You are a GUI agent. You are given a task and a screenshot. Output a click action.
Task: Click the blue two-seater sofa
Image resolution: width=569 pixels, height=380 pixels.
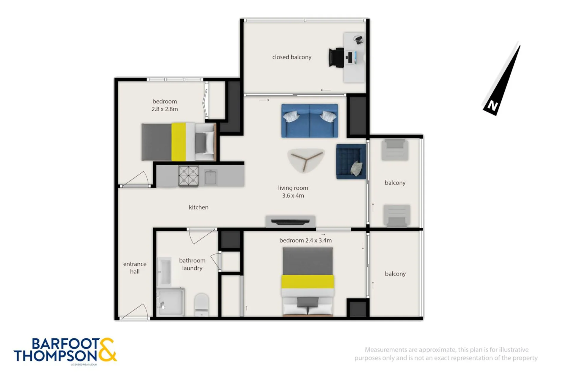[310, 121]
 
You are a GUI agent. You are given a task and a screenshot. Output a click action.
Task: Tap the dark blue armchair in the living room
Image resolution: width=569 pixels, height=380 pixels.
[351, 161]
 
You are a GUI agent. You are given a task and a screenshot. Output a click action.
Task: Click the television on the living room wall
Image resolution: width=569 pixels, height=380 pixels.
[290, 221]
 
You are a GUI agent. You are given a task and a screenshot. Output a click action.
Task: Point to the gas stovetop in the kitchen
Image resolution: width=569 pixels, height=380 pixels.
[189, 176]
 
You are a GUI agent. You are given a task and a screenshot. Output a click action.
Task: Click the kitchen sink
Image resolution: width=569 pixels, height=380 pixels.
[211, 177]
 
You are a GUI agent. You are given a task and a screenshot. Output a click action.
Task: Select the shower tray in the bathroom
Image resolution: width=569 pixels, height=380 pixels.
[170, 302]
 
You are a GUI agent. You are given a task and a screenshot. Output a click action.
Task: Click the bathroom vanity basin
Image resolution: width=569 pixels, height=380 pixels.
[164, 271]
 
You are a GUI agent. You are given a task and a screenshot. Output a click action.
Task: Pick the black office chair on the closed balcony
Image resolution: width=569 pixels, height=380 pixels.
[337, 58]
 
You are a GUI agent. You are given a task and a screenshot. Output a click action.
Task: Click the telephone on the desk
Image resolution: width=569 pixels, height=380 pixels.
[358, 39]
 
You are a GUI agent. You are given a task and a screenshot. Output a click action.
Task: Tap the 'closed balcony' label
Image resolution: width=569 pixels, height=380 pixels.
[292, 57]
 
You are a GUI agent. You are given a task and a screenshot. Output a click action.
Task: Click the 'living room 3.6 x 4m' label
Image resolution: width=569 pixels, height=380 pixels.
[293, 191]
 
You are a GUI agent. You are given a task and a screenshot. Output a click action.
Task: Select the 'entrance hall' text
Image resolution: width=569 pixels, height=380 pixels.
[135, 267]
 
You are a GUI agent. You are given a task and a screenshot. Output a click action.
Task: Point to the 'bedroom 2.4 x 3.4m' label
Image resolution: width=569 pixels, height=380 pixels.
[305, 240]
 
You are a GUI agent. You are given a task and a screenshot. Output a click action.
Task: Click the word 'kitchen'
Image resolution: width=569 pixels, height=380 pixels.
[199, 207]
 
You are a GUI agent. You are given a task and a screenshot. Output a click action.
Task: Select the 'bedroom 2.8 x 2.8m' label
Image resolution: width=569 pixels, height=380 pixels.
[165, 105]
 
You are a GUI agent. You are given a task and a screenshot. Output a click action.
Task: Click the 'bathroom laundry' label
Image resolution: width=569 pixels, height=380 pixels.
[192, 264]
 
